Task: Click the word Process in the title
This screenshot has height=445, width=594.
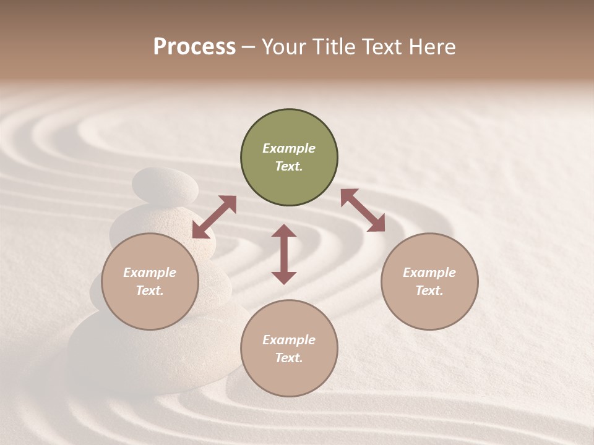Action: (x=194, y=47)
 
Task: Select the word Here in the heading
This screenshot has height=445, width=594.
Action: (x=433, y=47)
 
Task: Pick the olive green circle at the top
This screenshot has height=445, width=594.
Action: (x=289, y=158)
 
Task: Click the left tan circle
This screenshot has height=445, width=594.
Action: (x=150, y=281)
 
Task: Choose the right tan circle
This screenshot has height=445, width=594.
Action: (x=429, y=281)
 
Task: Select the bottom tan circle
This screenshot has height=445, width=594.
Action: (x=289, y=348)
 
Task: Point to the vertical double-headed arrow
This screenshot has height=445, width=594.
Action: (x=284, y=254)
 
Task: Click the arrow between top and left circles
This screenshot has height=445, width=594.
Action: (x=214, y=217)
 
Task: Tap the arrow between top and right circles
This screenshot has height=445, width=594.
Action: (x=363, y=210)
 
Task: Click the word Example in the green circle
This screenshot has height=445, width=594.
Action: (x=289, y=148)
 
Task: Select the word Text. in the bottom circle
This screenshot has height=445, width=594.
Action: (x=289, y=358)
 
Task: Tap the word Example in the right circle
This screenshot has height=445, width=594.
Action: (x=429, y=273)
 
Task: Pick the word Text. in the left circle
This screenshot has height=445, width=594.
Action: (x=150, y=290)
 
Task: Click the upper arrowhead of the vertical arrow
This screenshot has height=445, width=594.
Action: (x=284, y=232)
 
